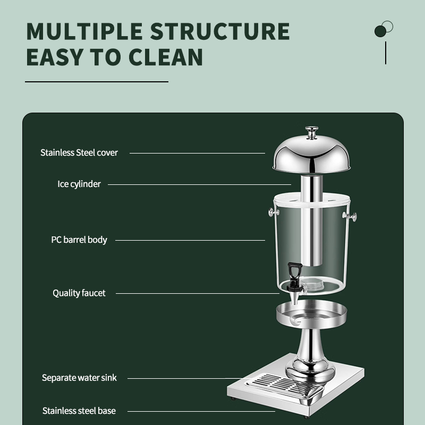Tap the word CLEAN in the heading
[x=166, y=57]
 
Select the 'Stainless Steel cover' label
[x=79, y=153]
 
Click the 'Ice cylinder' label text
[x=79, y=184]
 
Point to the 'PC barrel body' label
[x=79, y=240]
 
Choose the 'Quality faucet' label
[x=79, y=293]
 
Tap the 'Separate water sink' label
[x=79, y=378]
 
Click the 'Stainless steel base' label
[x=79, y=411]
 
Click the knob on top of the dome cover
[x=312, y=132]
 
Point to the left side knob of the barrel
[x=273, y=212]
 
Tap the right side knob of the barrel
[x=351, y=217]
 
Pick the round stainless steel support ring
[x=312, y=314]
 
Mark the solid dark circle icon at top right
[x=380, y=31]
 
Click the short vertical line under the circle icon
[x=386, y=53]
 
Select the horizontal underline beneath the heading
[x=97, y=82]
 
